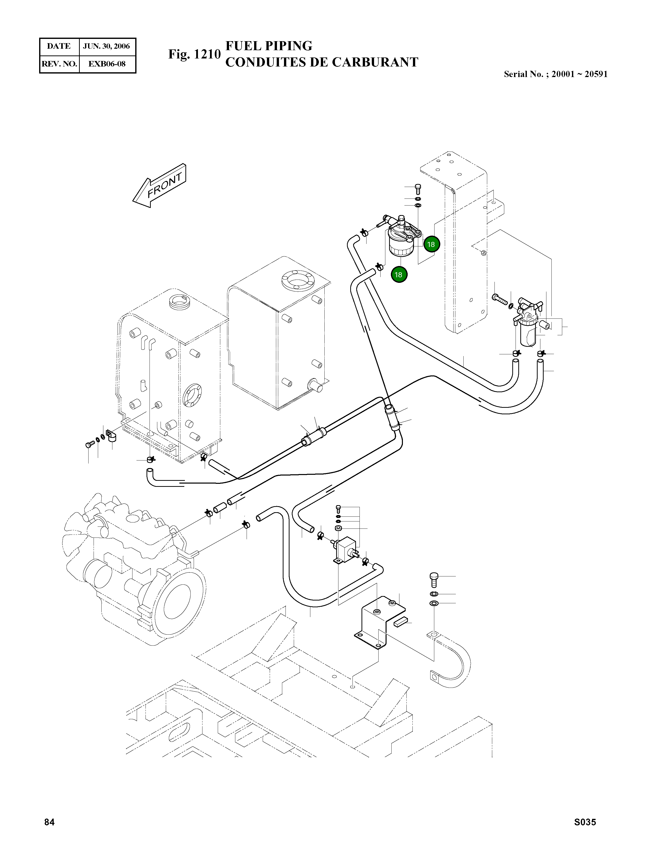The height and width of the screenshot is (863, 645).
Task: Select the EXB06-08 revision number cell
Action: [107, 64]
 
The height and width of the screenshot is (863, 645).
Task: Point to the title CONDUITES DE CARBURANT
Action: [321, 62]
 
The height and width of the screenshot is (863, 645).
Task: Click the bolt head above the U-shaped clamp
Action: [434, 577]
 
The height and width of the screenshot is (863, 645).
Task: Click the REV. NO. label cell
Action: [59, 64]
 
